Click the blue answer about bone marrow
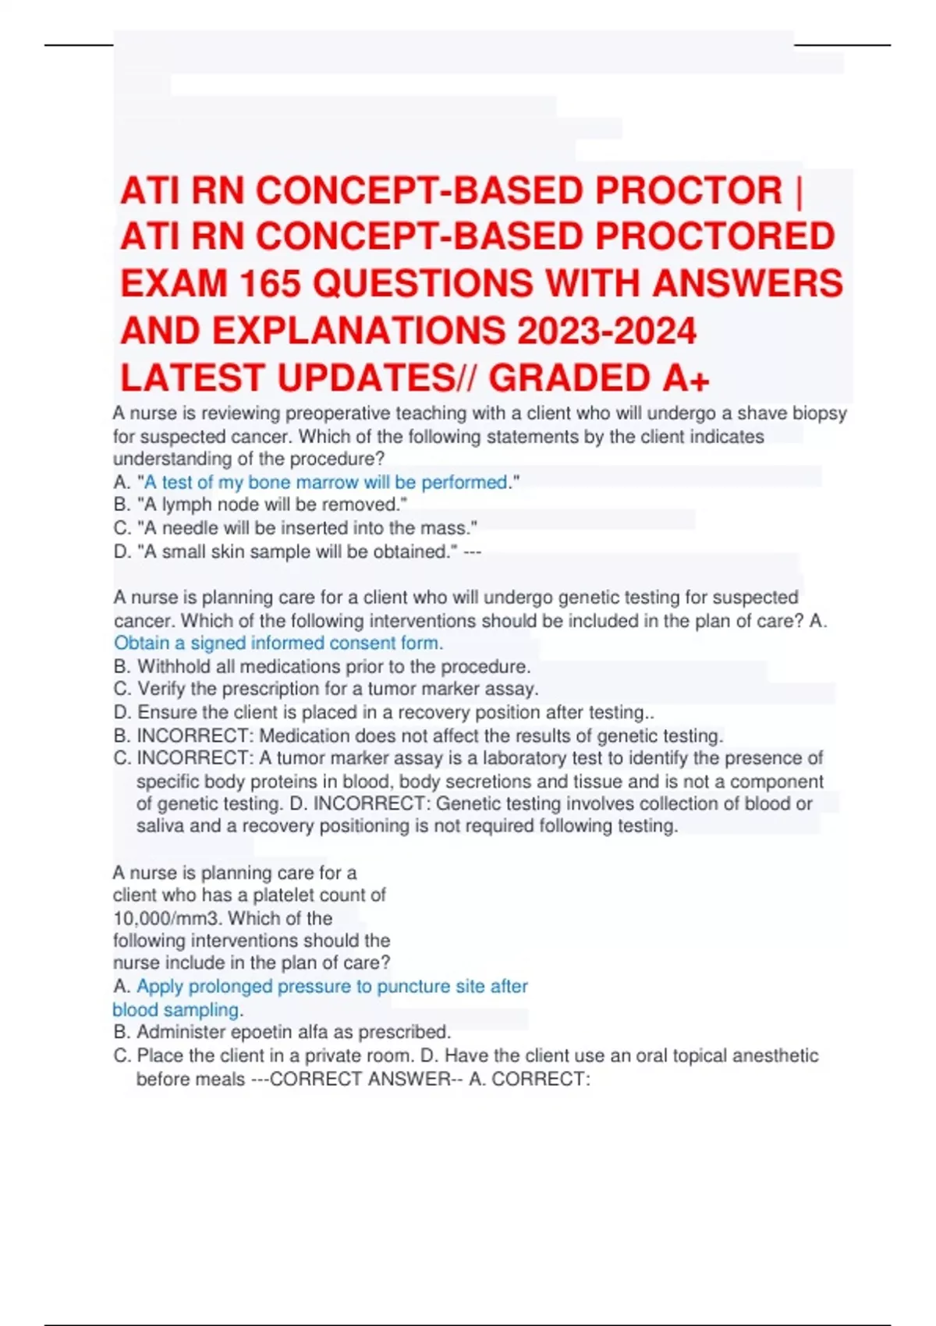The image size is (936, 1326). pyautogui.click(x=326, y=482)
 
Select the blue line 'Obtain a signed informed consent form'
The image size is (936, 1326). pyautogui.click(x=278, y=643)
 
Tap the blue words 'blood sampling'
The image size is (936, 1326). pyautogui.click(x=175, y=1009)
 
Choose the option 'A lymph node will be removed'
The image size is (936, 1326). pyautogui.click(x=271, y=505)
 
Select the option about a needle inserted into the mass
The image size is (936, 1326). pyautogui.click(x=307, y=528)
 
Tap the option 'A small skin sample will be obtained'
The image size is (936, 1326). pyautogui.click(x=297, y=551)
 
